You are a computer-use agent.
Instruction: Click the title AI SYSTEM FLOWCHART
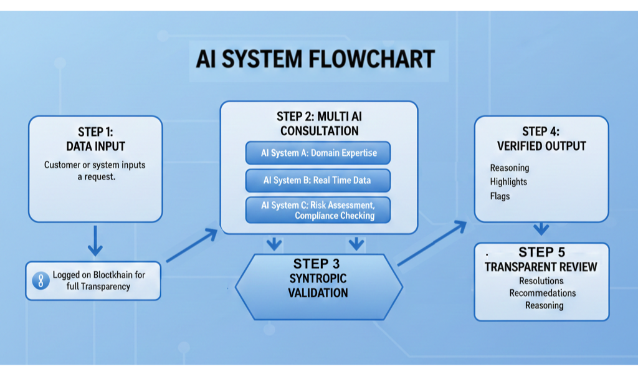[315, 59]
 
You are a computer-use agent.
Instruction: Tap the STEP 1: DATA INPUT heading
[95, 139]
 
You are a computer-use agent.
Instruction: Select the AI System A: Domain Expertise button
[318, 153]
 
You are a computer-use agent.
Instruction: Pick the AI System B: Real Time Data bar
[318, 180]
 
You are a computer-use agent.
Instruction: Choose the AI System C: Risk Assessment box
[318, 210]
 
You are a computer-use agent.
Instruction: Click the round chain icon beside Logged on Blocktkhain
[40, 280]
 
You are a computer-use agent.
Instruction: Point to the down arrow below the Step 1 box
[95, 241]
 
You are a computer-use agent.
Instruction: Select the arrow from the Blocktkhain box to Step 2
[192, 246]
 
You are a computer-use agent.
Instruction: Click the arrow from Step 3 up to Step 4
[432, 243]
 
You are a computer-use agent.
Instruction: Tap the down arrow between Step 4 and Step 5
[541, 229]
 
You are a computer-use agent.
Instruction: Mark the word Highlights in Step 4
[508, 182]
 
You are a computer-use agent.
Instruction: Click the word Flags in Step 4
[500, 196]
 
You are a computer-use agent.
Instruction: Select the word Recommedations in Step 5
[543, 293]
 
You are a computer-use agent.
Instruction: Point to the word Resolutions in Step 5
[541, 280]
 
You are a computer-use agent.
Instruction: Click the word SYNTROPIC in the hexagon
[318, 279]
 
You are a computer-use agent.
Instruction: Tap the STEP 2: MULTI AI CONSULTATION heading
[320, 123]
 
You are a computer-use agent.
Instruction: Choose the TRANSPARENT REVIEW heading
[541, 267]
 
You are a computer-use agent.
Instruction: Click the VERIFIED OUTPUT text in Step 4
[541, 146]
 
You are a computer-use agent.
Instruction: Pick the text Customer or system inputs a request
[95, 171]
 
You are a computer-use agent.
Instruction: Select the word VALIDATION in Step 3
[318, 293]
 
